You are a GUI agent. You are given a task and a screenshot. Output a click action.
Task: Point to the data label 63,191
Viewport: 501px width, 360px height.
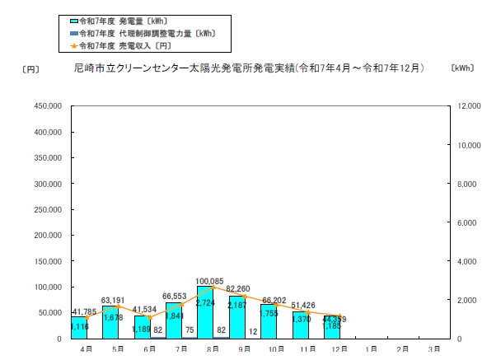coord(117,300)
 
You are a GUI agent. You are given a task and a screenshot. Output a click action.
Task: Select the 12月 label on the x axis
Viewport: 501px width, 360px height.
coord(336,349)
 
